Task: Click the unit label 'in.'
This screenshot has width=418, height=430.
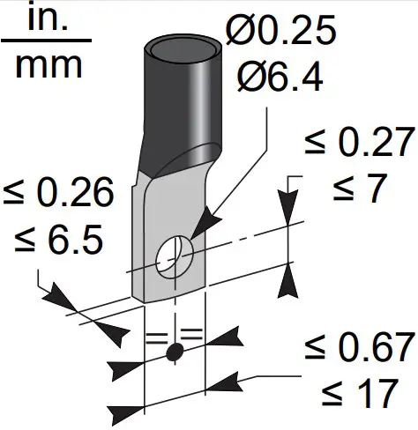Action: coord(46,19)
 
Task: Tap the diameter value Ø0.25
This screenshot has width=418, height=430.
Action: coord(280,32)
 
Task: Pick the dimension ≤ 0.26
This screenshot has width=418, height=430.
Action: coord(58,193)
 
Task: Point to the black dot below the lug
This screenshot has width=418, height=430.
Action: coord(175,352)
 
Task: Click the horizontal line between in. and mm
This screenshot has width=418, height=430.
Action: coord(46,41)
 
